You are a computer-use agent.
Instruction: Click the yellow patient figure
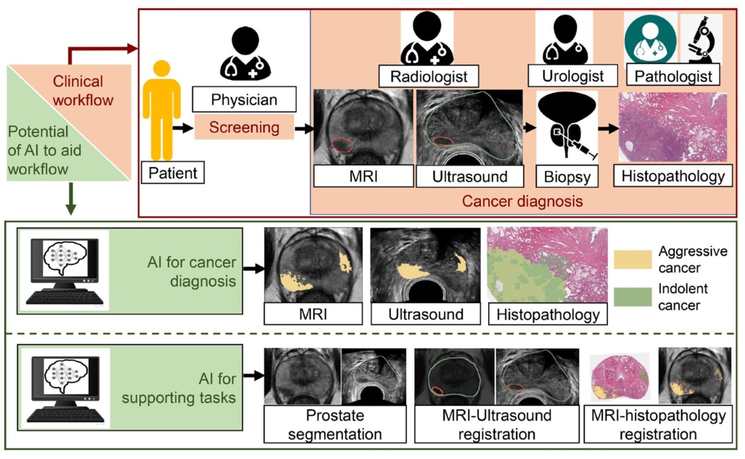pos(162,110)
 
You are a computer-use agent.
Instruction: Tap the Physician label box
pos(244,100)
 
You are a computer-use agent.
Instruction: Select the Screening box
pos(244,127)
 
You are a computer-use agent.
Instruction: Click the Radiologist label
pos(428,76)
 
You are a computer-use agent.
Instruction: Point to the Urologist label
pos(572,76)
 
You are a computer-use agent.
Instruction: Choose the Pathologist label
pos(673,76)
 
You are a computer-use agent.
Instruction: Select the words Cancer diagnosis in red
pos(522,202)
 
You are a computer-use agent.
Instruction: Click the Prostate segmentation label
pos(335,425)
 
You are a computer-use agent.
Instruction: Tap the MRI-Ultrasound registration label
pos(496,425)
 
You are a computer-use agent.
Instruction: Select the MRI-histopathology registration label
pos(658,425)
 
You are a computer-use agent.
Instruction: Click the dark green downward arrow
pos(71,199)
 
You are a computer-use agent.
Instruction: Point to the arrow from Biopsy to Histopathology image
pos(608,129)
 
